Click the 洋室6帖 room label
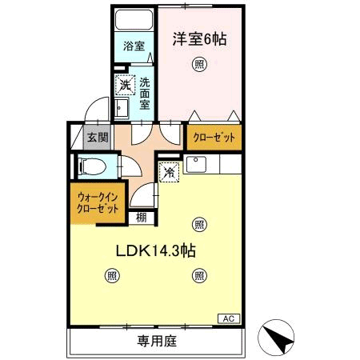pyautogui.click(x=200, y=39)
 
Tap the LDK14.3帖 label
pyautogui.click(x=156, y=251)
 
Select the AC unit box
pyautogui.click(x=229, y=318)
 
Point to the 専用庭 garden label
pyautogui.click(x=157, y=341)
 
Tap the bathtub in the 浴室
pyautogui.click(x=134, y=20)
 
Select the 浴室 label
pyautogui.click(x=134, y=46)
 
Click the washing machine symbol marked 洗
pyautogui.click(x=125, y=85)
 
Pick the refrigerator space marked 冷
pyautogui.click(x=169, y=172)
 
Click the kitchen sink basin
pyautogui.click(x=196, y=164)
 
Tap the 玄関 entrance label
pyautogui.click(x=98, y=138)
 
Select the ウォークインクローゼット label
pyautogui.click(x=98, y=203)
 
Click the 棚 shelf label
pyautogui.click(x=142, y=218)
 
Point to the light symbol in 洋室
pyautogui.click(x=199, y=65)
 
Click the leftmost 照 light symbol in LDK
pyautogui.click(x=112, y=275)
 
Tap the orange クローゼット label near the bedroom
pyautogui.click(x=214, y=138)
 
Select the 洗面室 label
pyautogui.click(x=145, y=94)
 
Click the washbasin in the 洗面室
pyautogui.click(x=121, y=108)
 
